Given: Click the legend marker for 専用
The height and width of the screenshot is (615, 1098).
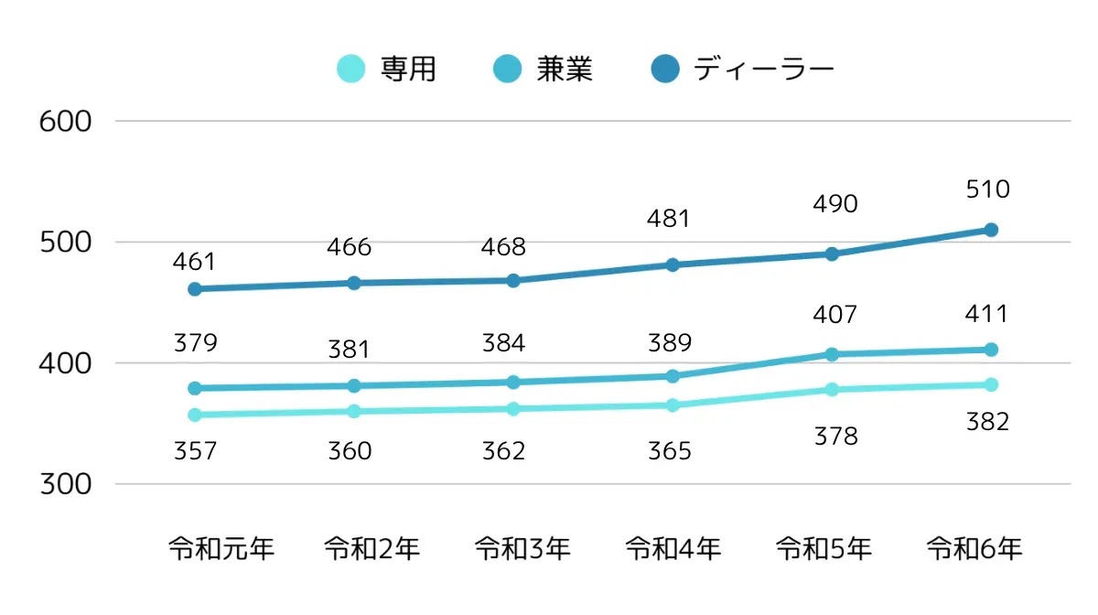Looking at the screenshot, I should [x=350, y=69].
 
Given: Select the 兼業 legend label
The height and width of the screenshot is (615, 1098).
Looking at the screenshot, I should [x=565, y=69].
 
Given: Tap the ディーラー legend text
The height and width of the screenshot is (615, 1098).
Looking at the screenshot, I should [x=764, y=69].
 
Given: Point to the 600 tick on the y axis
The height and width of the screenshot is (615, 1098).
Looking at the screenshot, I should [x=66, y=121].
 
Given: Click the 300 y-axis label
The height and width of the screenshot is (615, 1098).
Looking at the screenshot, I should [x=66, y=484].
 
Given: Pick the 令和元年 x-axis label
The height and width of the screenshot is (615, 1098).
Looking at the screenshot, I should [x=221, y=549].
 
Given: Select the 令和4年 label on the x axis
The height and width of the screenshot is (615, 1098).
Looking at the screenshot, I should [x=673, y=549].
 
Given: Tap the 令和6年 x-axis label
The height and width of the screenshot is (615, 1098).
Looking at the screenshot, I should [x=974, y=549].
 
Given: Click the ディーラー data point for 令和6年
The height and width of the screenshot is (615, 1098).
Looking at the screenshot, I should [x=991, y=230].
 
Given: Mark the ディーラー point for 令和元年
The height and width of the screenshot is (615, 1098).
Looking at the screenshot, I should [x=195, y=289].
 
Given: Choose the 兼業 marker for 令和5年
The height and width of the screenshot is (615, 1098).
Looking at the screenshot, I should [x=832, y=354].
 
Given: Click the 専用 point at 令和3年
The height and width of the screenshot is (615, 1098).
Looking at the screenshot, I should [x=513, y=409].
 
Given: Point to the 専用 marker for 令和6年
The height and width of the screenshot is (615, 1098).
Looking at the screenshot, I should [x=991, y=384].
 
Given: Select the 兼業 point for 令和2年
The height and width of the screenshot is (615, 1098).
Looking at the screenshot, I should [x=353, y=385].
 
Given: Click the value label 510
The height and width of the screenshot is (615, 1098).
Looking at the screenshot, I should [x=987, y=190].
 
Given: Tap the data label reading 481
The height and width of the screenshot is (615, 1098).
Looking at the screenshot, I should [x=669, y=220].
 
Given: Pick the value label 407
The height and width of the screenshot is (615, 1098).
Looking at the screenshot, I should [x=835, y=316].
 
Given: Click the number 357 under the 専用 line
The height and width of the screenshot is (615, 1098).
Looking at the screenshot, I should [x=194, y=451].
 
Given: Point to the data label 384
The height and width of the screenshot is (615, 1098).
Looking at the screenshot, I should [x=503, y=344].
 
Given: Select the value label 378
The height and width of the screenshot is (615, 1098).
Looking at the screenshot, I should [x=835, y=437].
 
